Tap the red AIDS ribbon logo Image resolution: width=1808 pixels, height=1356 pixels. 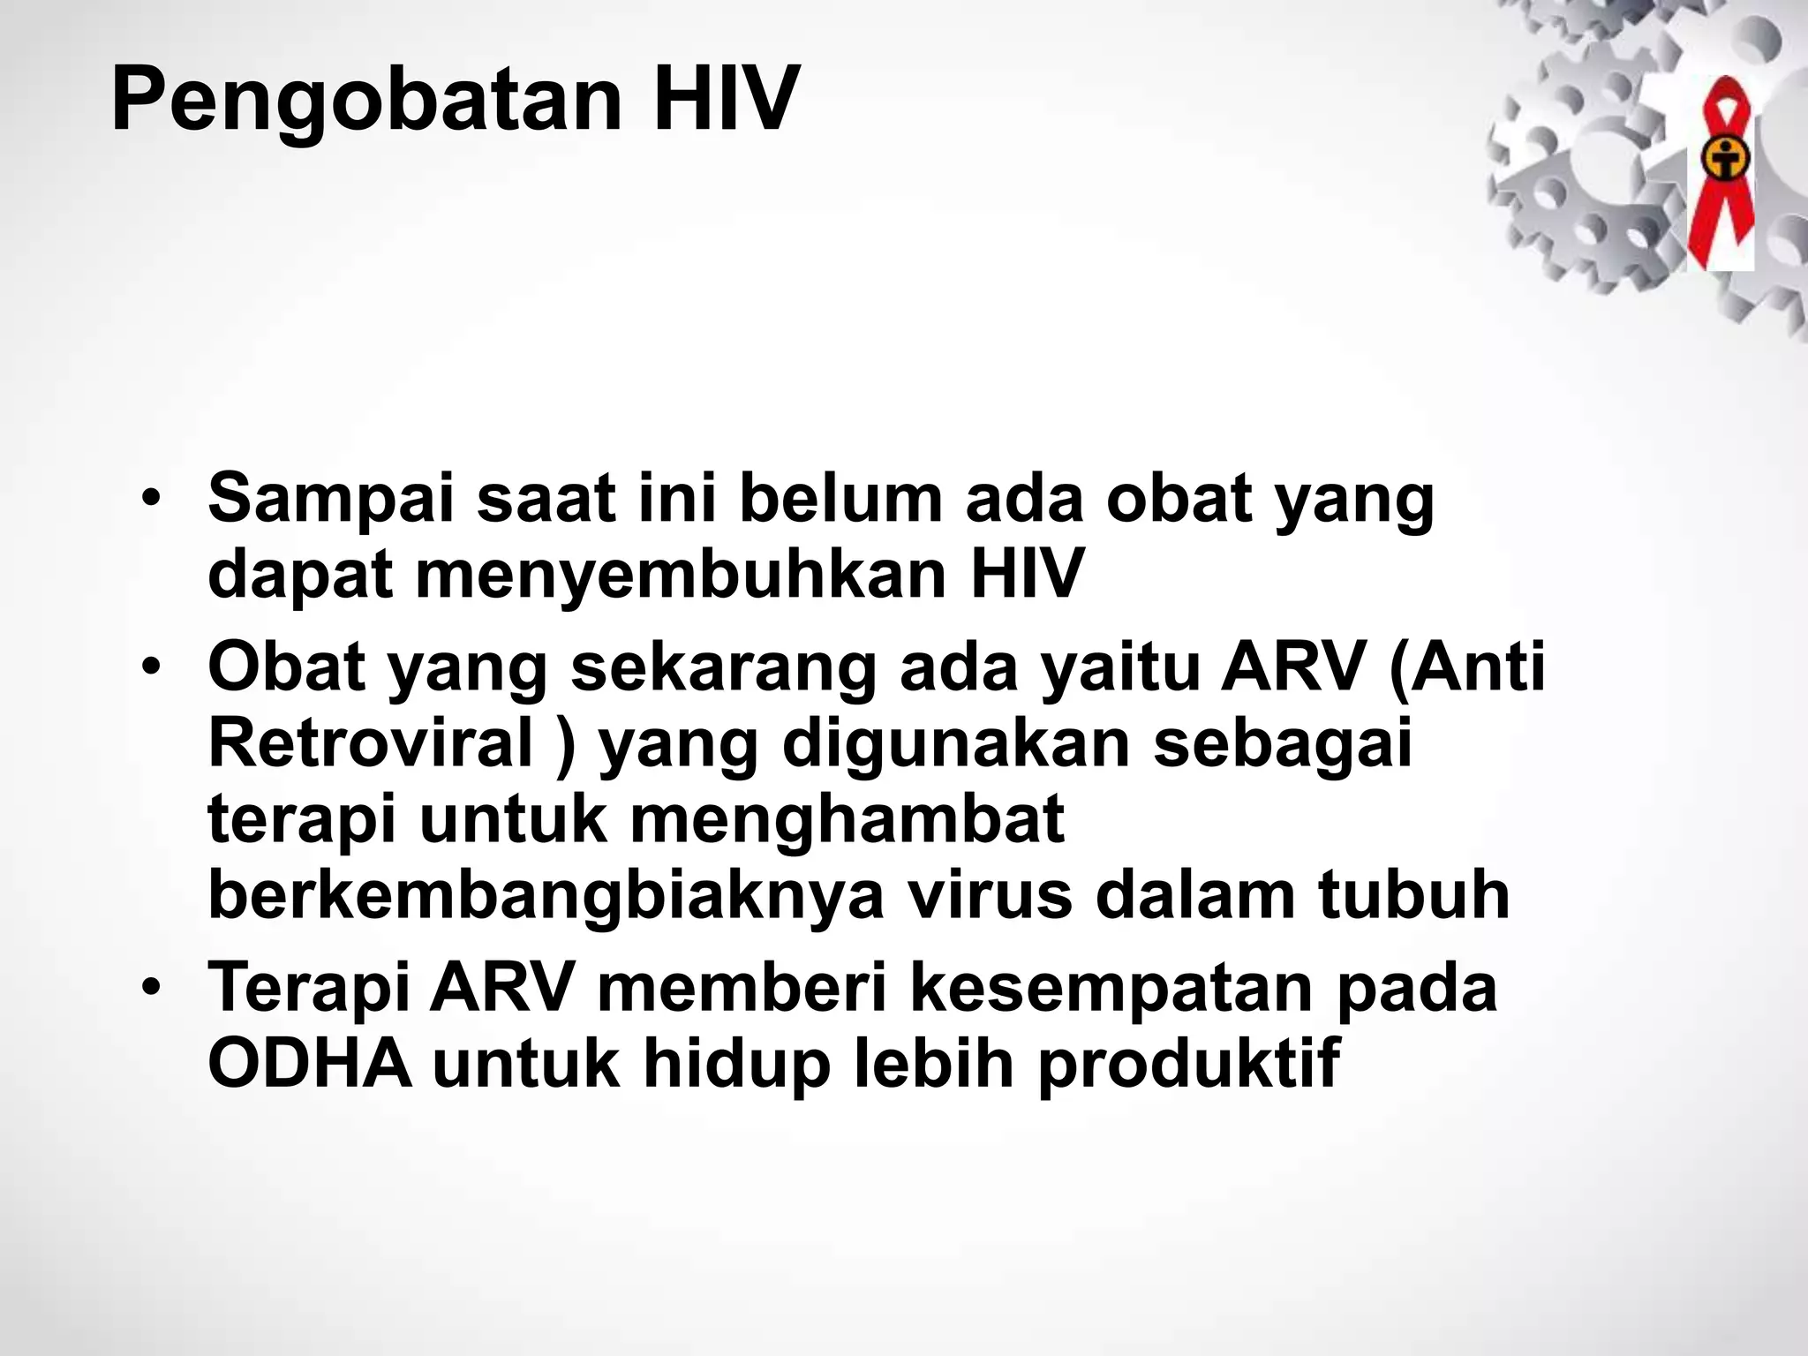(x=1719, y=168)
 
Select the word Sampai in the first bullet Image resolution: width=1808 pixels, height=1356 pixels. (x=333, y=500)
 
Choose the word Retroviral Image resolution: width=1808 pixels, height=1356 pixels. (x=372, y=744)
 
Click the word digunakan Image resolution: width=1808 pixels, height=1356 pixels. (x=956, y=744)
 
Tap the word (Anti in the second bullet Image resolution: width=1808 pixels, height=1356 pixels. (x=1466, y=668)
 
